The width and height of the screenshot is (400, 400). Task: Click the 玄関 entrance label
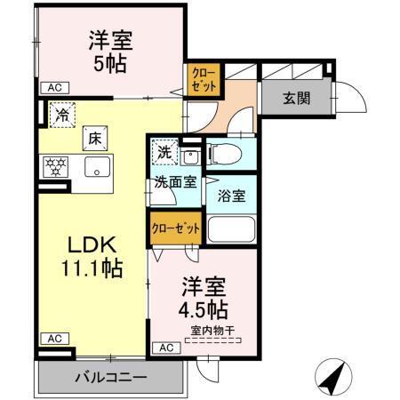[x=297, y=99]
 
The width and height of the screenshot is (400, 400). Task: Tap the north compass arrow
[x=332, y=380]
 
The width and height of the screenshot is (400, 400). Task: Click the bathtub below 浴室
[x=231, y=229]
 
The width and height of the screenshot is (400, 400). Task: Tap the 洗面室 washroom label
[x=174, y=184]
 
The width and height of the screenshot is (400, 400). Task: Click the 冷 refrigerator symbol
[x=62, y=114]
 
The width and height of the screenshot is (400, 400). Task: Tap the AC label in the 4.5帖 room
[x=165, y=348]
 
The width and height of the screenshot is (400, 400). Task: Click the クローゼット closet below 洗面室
[x=174, y=228]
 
